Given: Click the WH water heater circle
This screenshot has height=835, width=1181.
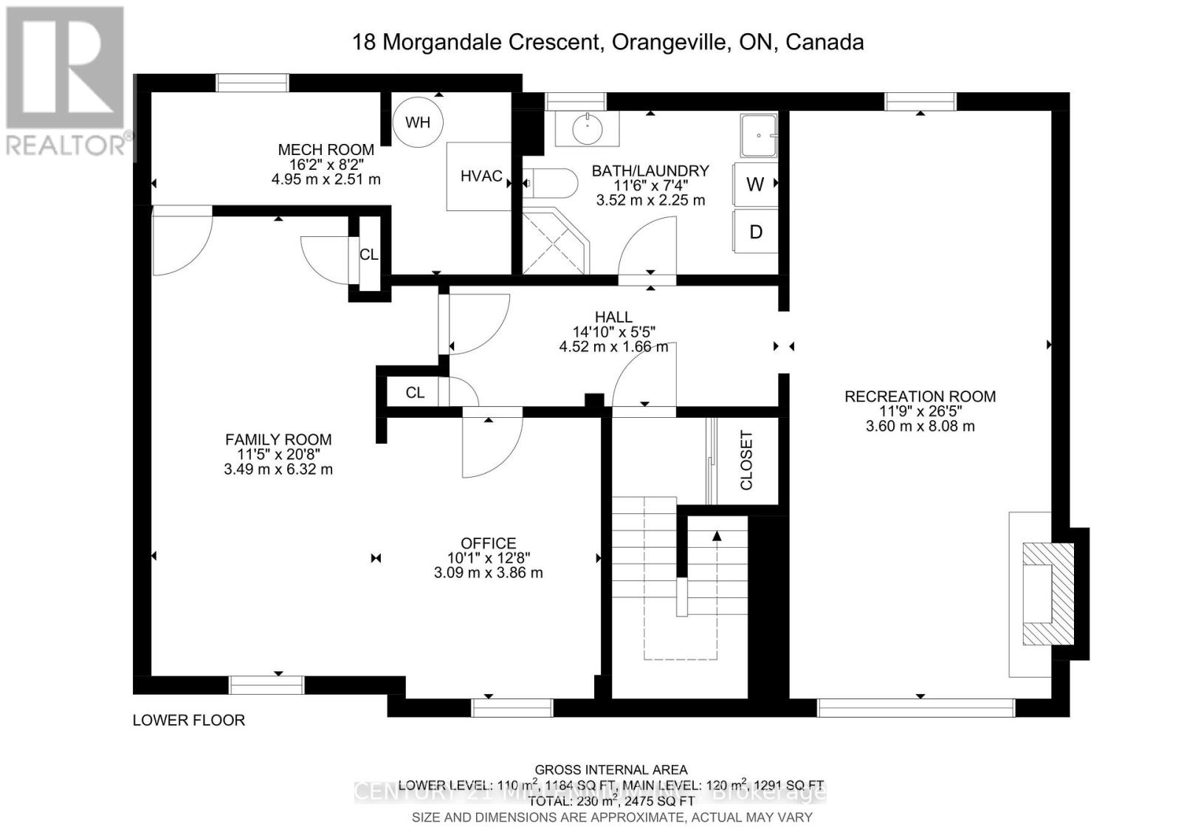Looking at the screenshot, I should click(418, 122).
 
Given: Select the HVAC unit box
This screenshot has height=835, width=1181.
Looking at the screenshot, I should click(480, 176).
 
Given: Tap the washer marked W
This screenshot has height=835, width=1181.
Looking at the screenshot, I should click(755, 184).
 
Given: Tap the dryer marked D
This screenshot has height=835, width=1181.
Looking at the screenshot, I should click(755, 232).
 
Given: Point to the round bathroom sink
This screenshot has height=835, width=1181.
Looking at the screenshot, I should click(588, 129).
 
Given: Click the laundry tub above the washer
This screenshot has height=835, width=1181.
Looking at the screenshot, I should click(759, 136).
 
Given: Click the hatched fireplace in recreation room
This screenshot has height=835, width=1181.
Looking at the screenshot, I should click(1047, 594).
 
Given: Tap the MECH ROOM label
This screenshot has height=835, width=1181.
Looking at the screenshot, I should click(326, 150).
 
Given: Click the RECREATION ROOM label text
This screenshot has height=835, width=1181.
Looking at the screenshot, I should click(920, 396).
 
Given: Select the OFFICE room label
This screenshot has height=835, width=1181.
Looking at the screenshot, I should click(488, 543).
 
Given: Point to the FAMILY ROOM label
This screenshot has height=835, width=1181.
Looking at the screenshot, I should click(278, 439).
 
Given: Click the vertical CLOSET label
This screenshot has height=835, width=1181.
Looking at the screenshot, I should click(746, 461).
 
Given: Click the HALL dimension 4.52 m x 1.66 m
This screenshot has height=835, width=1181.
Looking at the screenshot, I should click(613, 346).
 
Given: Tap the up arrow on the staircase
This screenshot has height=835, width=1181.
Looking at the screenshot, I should click(717, 537).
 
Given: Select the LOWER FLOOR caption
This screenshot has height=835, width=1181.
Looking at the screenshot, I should click(189, 720).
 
